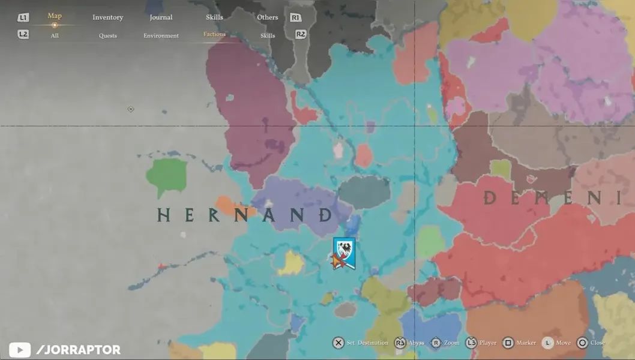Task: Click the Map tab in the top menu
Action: pos(55,16)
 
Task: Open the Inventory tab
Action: pos(107,17)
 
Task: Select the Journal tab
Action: pos(161,17)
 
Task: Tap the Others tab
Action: pos(268,17)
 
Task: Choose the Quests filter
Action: pos(108,35)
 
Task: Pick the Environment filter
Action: pos(161,35)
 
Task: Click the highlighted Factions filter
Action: pos(214,34)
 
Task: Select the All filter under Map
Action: pos(55,35)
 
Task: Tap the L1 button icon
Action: pos(23,18)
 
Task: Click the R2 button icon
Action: pos(301,34)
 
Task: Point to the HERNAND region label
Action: pos(245,215)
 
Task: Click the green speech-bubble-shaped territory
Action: pos(166,176)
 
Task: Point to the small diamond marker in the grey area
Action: pos(131,109)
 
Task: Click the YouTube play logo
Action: pos(20,350)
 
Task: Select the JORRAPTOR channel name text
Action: pos(78,350)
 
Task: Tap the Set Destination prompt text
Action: pos(367,343)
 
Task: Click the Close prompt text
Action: pos(597,343)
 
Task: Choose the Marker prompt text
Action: pos(526,343)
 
